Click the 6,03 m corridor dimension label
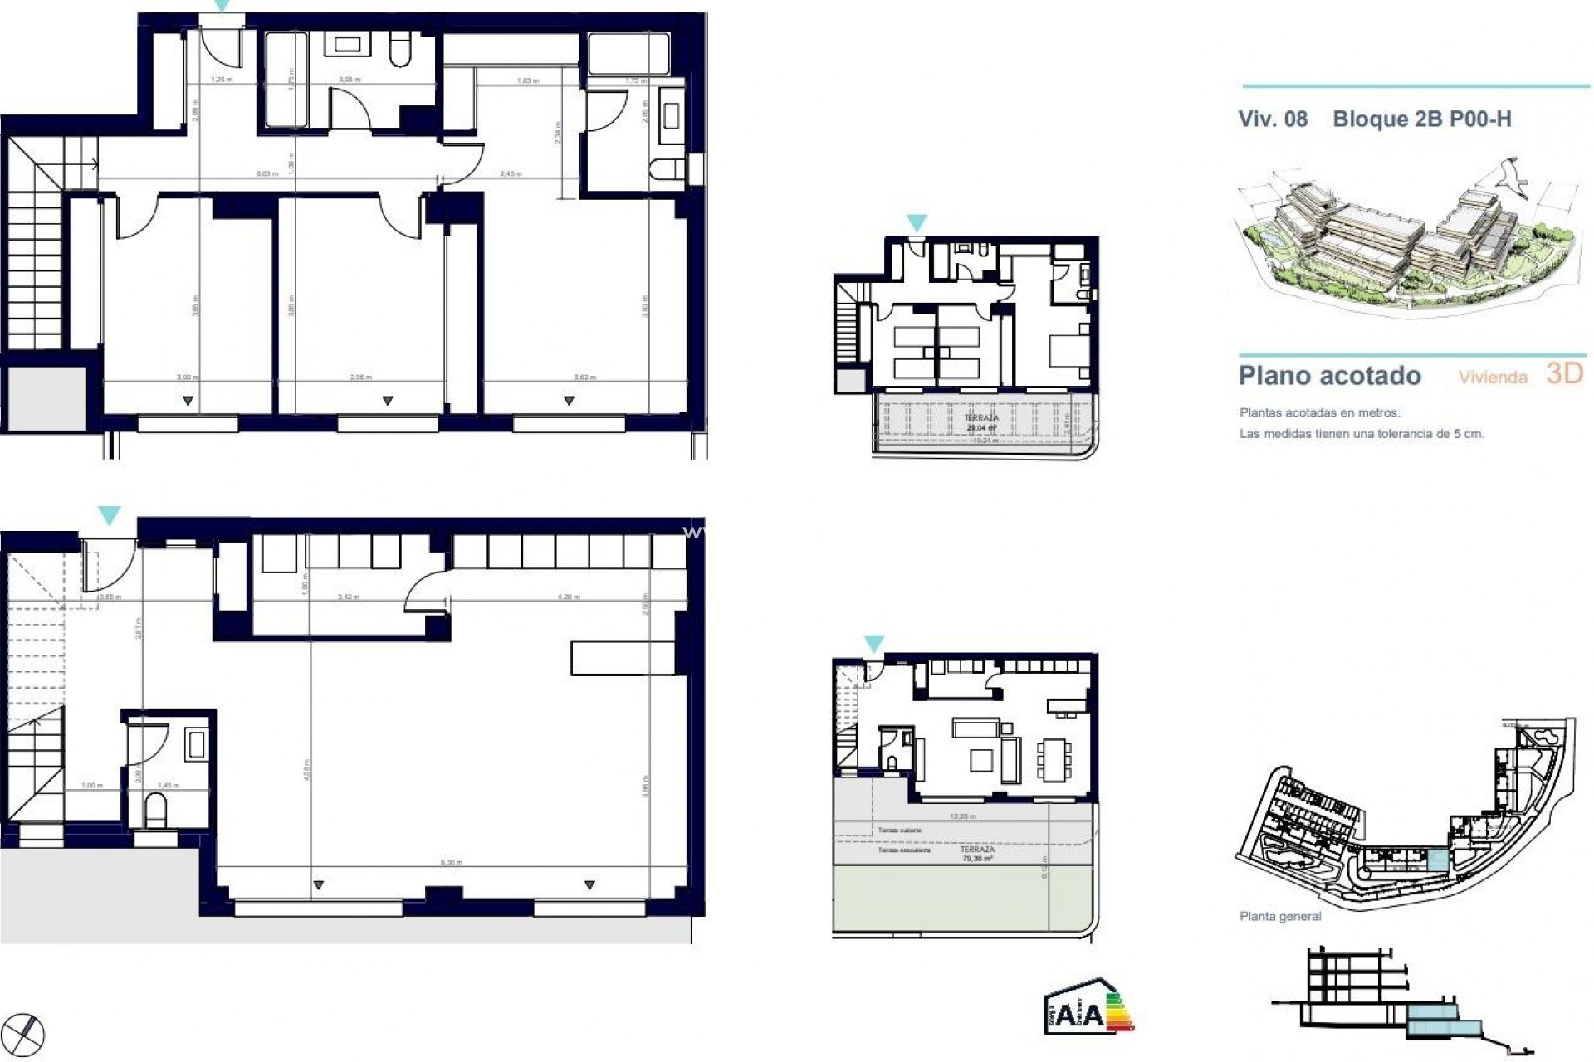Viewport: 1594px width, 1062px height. click(x=266, y=173)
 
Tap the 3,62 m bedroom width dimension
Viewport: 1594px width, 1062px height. click(x=585, y=378)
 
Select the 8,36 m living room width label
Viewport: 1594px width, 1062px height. click(x=451, y=862)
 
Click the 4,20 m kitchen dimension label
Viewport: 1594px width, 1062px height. click(x=569, y=597)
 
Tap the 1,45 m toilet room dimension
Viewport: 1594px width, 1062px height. click(x=169, y=785)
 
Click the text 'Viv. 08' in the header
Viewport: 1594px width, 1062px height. click(x=1273, y=119)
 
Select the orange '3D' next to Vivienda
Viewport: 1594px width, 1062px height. click(x=1565, y=373)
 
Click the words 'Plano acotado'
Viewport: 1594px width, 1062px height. click(x=1330, y=376)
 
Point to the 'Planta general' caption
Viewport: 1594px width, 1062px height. click(x=1279, y=917)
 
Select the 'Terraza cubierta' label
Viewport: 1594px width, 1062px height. click(x=900, y=830)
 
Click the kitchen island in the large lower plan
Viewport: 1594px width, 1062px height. click(x=623, y=657)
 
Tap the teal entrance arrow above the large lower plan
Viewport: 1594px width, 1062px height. click(x=109, y=514)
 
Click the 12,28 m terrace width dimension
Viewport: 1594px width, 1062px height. click(x=963, y=816)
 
